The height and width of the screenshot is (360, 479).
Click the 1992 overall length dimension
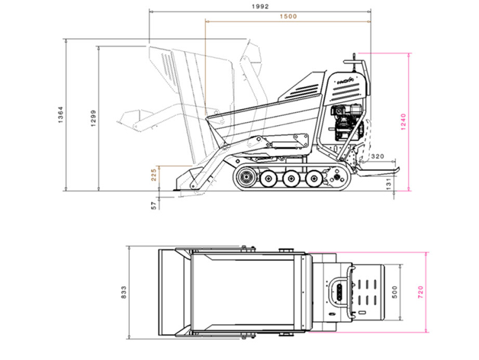[x=260, y=6]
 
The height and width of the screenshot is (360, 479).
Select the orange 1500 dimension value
[x=288, y=17]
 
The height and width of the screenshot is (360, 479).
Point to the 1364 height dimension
[x=60, y=115]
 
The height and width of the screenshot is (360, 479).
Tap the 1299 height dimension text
[x=93, y=118]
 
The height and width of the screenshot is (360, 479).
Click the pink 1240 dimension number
[x=403, y=121]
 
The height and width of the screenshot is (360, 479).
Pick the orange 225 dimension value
[x=154, y=175]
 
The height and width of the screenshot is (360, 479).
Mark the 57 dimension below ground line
[x=154, y=205]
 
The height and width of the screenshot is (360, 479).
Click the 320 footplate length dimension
[x=378, y=156]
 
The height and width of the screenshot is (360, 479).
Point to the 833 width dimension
[x=124, y=292]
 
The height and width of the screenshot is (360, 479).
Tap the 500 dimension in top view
[x=394, y=292]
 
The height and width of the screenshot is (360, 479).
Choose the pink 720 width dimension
[x=420, y=292]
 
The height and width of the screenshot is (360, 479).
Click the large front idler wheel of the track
[x=246, y=178]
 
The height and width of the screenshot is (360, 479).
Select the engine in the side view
[x=347, y=122]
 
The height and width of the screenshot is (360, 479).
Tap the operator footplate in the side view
[x=377, y=171]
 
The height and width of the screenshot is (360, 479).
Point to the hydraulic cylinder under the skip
[x=284, y=144]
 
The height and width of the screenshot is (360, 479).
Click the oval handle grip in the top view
[x=339, y=291]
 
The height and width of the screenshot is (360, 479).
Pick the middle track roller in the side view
[x=291, y=178]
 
